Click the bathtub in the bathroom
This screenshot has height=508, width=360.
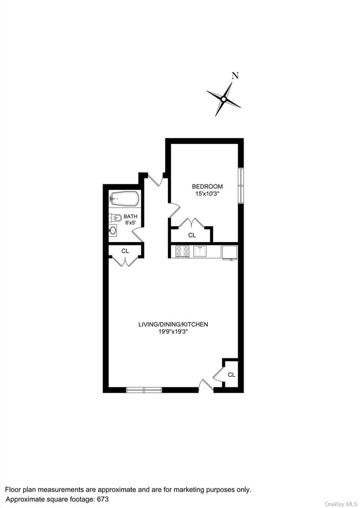124,198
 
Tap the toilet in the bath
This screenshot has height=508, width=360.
116,217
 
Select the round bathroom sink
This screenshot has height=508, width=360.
113,230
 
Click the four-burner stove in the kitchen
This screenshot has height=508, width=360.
183,252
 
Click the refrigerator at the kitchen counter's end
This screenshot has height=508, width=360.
229,252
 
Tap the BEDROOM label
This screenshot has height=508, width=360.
207,186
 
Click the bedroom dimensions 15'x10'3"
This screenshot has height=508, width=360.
207,194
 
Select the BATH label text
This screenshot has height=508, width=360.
131,217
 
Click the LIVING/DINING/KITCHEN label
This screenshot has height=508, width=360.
173,324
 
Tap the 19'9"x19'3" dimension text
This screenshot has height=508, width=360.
173,332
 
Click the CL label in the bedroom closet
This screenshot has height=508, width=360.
192,235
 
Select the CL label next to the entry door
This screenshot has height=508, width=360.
231,374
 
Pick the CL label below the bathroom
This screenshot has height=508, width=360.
125,251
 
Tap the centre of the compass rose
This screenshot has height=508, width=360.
224,99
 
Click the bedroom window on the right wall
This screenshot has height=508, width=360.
240,184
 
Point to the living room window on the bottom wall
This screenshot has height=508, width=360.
144,390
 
